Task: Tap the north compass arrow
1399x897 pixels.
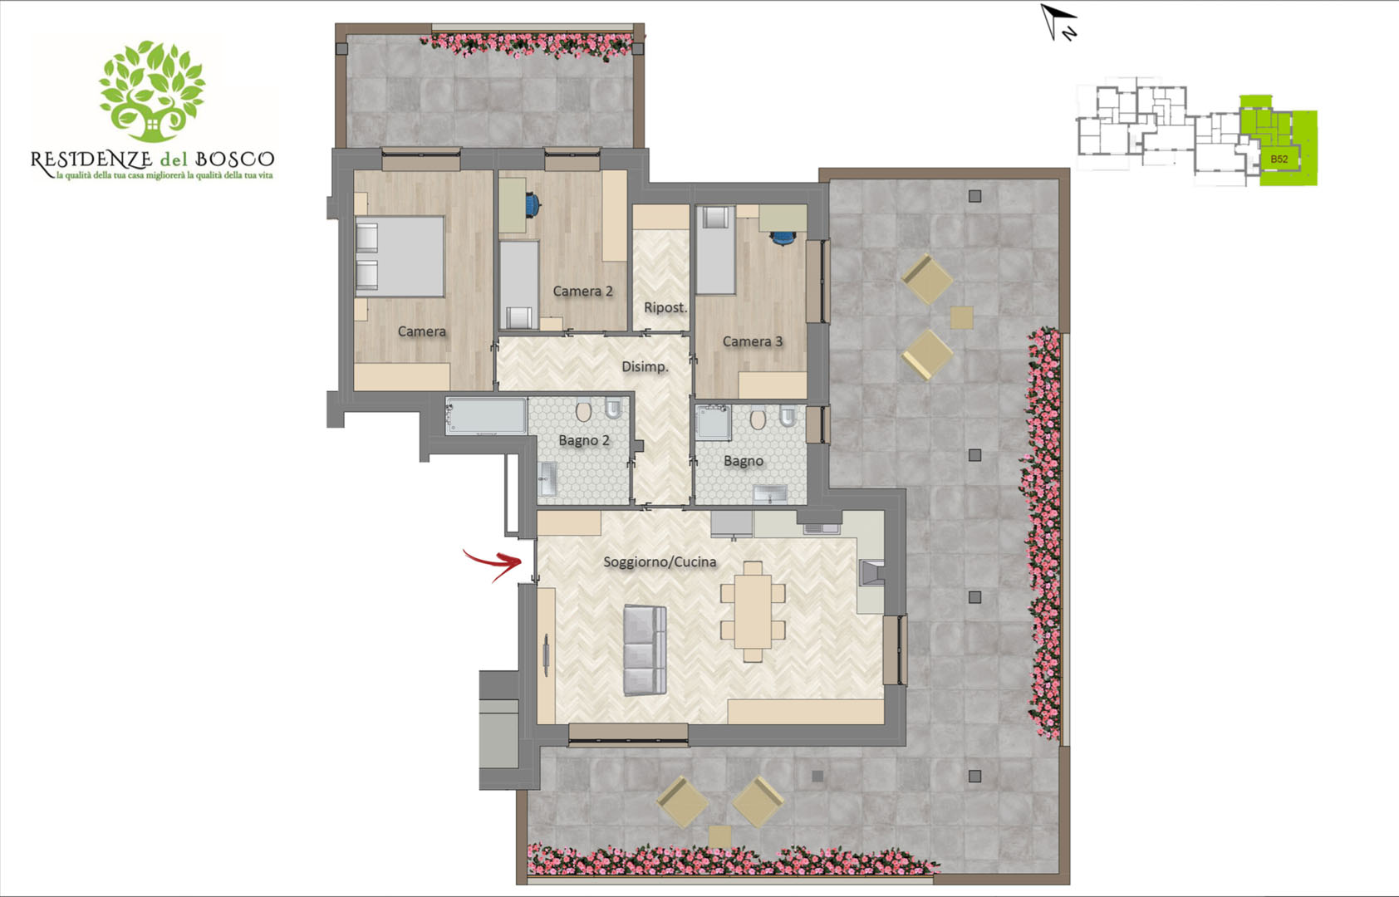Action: (1058, 22)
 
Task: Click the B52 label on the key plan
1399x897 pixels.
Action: (1279, 159)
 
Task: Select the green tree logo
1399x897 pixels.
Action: (152, 91)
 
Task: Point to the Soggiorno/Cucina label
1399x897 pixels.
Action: (660, 561)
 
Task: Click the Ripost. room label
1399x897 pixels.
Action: (665, 308)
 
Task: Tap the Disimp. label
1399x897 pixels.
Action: (645, 366)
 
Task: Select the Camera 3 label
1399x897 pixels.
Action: (752, 341)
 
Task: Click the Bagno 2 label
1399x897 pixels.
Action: (583, 440)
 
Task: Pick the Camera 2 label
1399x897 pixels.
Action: (582, 291)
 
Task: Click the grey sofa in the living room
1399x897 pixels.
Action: (646, 649)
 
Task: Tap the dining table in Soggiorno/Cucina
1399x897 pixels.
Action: (753, 612)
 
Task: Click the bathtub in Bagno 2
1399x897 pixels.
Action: (486, 416)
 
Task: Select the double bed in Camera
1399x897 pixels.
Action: (400, 256)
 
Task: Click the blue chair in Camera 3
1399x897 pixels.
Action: (783, 238)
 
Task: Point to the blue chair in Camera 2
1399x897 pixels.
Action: (533, 205)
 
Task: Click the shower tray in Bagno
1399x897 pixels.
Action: (714, 422)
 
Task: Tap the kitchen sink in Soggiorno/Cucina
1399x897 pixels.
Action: (822, 529)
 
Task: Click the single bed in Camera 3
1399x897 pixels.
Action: (716, 250)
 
